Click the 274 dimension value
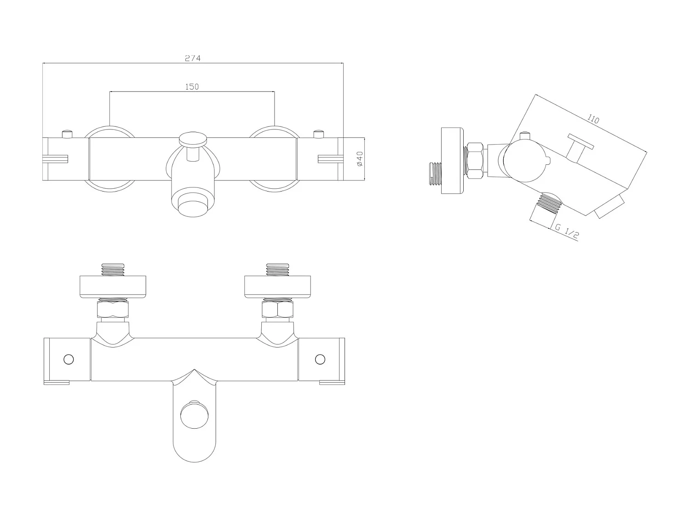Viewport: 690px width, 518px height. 193,58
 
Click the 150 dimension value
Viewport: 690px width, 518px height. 192,87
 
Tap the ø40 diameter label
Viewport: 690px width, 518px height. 360,159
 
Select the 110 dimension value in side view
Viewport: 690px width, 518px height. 593,118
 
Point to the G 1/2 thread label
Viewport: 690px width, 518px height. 566,232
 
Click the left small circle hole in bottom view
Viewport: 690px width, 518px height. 69,359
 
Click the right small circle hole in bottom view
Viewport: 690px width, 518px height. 319,359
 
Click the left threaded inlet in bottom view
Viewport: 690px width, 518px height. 113,269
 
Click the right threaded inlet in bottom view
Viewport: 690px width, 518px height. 277,269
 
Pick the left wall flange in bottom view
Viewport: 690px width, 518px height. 113,286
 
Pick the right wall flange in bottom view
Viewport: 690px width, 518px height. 277,286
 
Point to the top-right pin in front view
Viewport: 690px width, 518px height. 317,134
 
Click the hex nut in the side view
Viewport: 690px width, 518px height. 475,160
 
